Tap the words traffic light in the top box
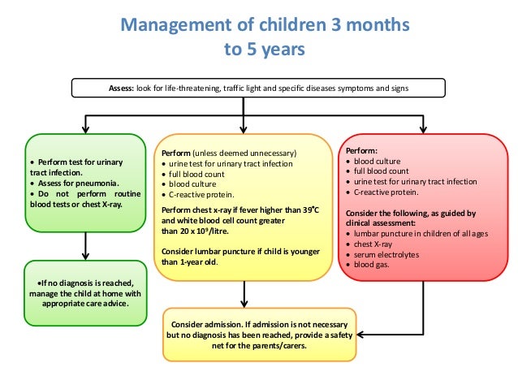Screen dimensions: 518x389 pos(254,88)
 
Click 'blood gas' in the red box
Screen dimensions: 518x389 pos(373,266)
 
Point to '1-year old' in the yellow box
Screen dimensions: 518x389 pos(197,261)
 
